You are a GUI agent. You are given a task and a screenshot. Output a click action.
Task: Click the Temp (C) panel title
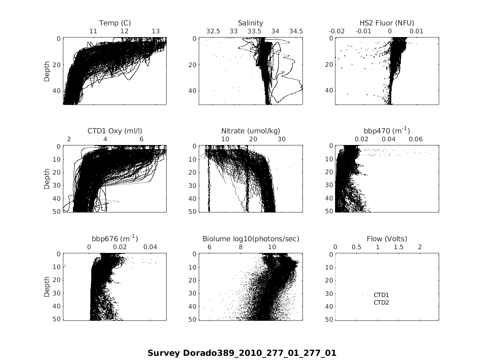(115, 23)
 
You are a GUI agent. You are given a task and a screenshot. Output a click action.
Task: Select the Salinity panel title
(250, 23)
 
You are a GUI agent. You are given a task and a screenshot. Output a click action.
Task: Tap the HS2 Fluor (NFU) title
(387, 23)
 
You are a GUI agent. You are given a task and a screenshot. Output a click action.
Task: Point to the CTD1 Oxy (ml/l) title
(115, 131)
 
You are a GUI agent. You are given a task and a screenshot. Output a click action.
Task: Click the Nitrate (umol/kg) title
(250, 131)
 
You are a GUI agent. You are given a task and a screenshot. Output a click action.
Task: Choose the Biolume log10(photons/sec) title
(251, 239)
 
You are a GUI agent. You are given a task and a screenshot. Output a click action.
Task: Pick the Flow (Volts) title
(387, 239)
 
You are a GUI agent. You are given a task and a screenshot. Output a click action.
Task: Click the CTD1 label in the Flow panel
(381, 295)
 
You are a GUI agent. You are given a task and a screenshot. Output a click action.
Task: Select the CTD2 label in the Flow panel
(381, 302)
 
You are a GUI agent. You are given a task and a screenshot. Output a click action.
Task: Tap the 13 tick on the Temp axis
(155, 31)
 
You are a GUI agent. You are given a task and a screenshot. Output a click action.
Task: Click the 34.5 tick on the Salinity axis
(296, 31)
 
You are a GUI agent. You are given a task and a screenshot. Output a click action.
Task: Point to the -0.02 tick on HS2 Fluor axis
(337, 31)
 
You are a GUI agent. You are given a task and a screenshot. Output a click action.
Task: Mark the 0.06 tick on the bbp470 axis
(415, 139)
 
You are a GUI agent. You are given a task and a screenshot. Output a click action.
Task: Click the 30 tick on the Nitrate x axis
(282, 139)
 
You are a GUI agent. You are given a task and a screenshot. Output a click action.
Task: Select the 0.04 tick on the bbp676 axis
(150, 247)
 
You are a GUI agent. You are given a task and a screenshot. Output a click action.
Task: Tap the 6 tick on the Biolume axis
(209, 247)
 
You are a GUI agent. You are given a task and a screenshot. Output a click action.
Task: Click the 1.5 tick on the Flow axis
(399, 247)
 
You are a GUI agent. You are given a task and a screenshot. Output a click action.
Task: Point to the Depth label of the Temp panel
(47, 71)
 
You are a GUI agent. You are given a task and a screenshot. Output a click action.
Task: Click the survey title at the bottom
(242, 353)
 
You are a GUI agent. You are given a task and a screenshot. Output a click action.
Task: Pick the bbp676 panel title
(115, 239)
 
